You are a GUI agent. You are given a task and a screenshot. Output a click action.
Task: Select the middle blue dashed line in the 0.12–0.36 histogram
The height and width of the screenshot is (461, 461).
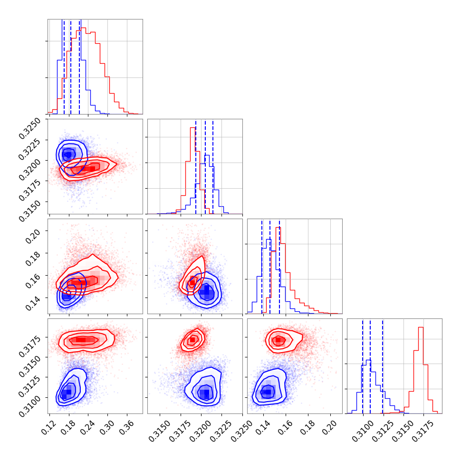click(71, 67)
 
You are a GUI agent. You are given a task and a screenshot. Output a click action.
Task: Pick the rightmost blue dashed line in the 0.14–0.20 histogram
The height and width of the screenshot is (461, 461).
click(279, 266)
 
